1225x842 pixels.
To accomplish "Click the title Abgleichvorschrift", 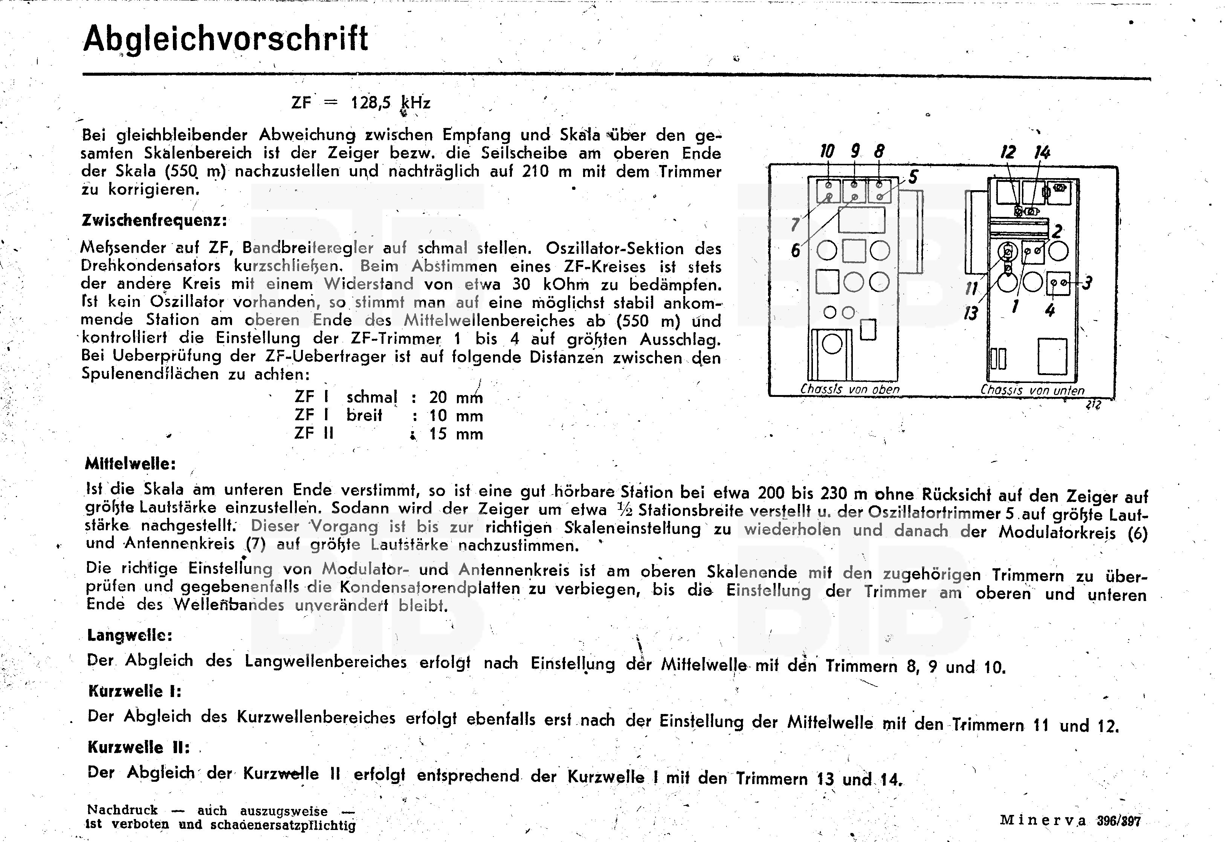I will (225, 39).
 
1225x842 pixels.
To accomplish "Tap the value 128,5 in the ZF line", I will (371, 102).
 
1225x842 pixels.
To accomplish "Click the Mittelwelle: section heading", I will (130, 464).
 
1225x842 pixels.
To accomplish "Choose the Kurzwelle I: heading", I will (134, 691).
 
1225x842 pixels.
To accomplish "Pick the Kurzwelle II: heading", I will (138, 747).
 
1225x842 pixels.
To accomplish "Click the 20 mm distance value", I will (455, 397).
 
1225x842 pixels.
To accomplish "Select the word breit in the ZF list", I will (364, 416).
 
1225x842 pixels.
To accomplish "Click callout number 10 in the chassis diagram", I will (826, 151).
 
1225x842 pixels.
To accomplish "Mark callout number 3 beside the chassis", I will (1087, 284).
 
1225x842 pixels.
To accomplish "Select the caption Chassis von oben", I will (850, 389).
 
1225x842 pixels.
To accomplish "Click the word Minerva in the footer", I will (1043, 821).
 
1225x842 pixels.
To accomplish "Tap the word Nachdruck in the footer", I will (122, 810).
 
